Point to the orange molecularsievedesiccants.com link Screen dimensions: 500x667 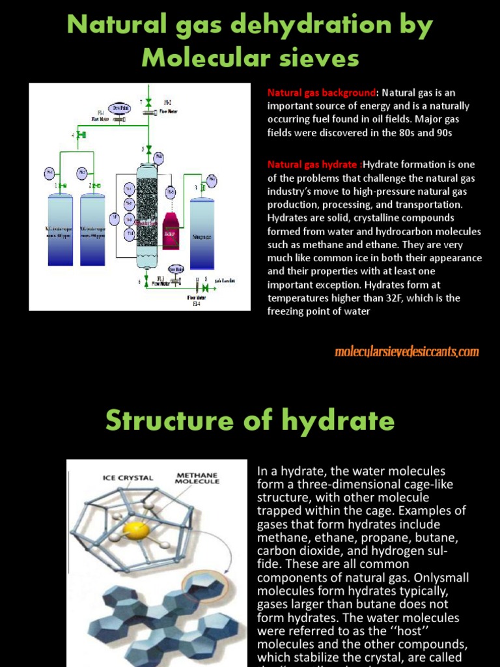(406, 352)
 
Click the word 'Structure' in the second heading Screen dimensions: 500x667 (169, 421)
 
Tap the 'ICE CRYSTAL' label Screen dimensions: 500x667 (128, 477)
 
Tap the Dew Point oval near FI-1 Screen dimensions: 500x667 (120, 109)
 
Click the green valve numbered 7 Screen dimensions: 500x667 (149, 102)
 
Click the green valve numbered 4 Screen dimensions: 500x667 (81, 135)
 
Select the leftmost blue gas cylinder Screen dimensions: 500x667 (60, 231)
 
